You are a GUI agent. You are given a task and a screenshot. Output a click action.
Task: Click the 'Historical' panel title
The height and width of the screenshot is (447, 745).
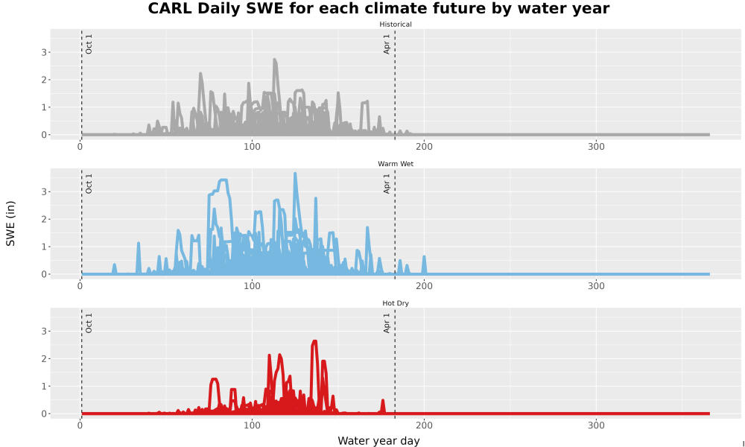tap(396, 25)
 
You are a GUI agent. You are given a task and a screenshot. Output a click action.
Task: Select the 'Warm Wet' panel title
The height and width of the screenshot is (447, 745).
tap(396, 164)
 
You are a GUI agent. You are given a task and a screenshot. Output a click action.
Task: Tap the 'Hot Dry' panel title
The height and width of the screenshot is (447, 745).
tap(396, 303)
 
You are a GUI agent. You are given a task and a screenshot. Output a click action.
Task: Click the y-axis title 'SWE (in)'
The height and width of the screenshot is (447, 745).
tap(10, 223)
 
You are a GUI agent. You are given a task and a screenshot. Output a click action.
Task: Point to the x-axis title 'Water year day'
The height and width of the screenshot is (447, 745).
tap(378, 441)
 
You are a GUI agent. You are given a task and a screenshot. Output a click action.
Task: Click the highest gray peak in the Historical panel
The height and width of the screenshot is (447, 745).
tap(275, 60)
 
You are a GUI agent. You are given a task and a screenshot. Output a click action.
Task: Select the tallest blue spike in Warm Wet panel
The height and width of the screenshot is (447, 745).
tap(295, 174)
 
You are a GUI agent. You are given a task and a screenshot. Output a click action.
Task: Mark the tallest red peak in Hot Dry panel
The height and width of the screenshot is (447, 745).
tap(314, 341)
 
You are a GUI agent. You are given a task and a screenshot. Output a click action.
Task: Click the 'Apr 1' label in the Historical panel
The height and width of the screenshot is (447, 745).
tap(387, 44)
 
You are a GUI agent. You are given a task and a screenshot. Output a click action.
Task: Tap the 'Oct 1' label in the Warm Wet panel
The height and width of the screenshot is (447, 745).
tap(89, 183)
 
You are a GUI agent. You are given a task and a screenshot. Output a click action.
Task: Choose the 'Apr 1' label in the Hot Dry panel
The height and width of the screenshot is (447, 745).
tap(387, 323)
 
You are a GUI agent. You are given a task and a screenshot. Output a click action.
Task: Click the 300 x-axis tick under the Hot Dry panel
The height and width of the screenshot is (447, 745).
tap(596, 425)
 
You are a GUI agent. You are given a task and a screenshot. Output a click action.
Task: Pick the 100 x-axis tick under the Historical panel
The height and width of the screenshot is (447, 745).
tap(252, 146)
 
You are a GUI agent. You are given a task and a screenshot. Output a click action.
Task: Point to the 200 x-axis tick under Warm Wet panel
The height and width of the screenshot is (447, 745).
tap(424, 286)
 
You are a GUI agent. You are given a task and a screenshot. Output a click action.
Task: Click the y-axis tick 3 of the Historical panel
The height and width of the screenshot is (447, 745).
tap(44, 52)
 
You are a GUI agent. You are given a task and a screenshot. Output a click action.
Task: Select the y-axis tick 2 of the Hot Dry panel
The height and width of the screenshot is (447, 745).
tap(44, 358)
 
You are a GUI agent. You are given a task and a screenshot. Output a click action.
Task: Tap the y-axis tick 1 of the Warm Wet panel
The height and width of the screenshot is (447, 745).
tap(44, 247)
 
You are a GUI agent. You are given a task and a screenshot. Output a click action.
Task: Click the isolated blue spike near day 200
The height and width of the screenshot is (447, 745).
tap(425, 264)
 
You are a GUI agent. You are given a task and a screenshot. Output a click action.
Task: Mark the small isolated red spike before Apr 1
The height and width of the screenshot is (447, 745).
tap(382, 405)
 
